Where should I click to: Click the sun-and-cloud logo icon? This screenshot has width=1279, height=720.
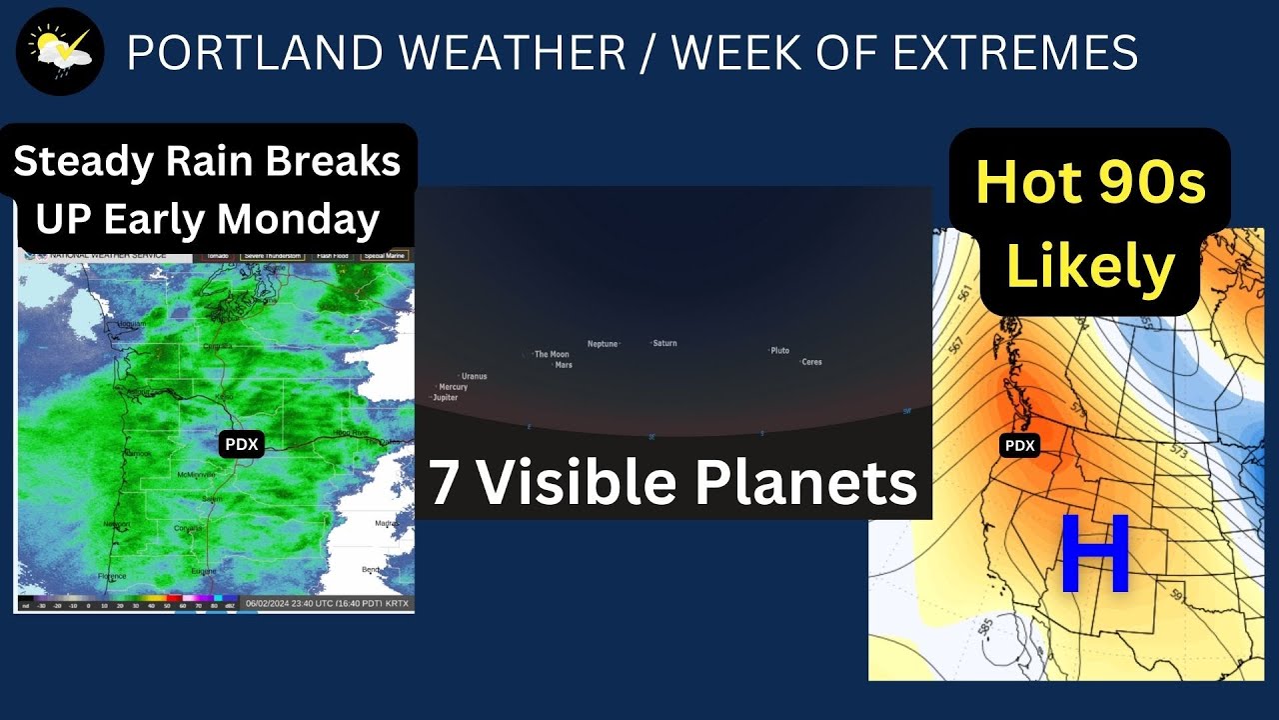[x=60, y=51]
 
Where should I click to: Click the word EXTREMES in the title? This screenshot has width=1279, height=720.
[x=1014, y=52]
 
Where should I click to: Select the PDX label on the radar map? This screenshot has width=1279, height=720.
[x=241, y=445]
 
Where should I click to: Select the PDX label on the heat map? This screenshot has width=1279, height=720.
[x=1019, y=446]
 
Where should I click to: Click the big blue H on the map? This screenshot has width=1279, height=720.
[x=1094, y=555]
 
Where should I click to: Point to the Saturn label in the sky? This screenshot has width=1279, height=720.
[x=664, y=343]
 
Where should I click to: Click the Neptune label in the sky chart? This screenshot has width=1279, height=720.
[x=603, y=343]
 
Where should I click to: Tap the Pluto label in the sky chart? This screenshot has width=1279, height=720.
[x=779, y=351]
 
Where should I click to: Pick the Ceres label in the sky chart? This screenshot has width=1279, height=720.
[x=811, y=362]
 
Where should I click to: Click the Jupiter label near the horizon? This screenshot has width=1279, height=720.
[x=445, y=397]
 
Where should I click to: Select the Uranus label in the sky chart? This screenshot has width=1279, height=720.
[x=474, y=376]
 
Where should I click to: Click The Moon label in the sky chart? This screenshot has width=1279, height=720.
[x=551, y=354]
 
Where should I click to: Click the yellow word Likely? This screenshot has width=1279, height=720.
[x=1090, y=267]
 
